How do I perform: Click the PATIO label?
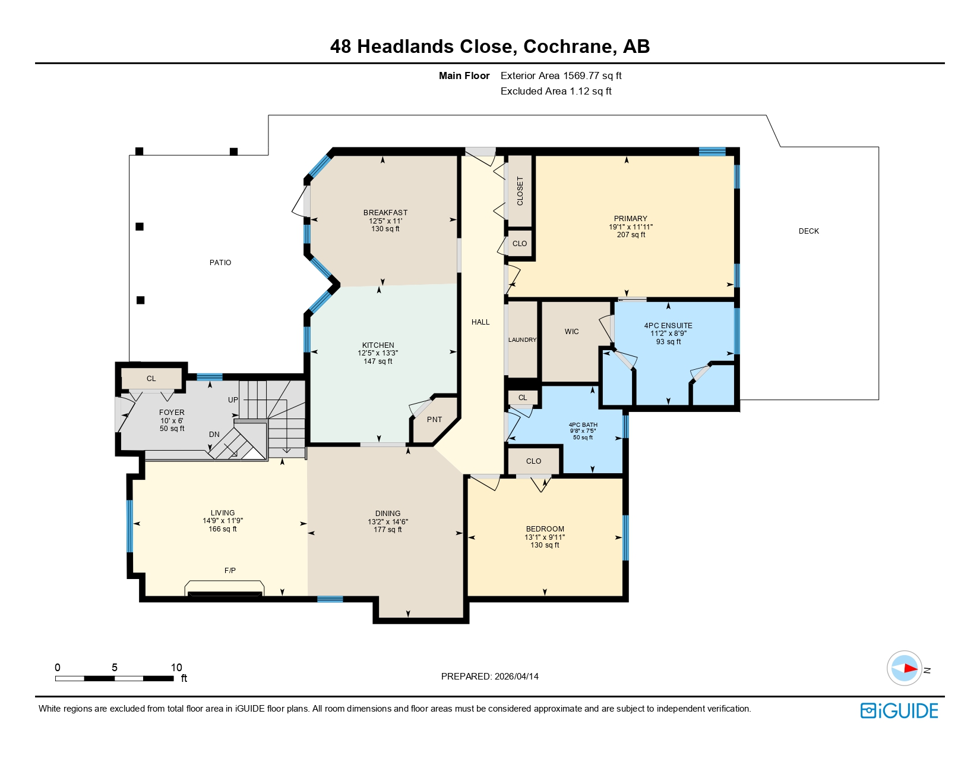[x=220, y=263]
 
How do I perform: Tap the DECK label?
[x=808, y=231]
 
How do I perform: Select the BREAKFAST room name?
[x=385, y=213]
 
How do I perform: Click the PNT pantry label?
[x=434, y=420]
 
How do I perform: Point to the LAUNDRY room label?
[x=522, y=340]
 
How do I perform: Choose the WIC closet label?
[x=571, y=332]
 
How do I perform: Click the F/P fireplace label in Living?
[x=230, y=571]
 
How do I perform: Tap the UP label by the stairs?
[x=233, y=400]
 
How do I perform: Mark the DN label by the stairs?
[x=214, y=435]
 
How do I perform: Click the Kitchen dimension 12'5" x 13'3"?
[x=378, y=353]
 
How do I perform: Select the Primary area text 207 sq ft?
[x=631, y=235]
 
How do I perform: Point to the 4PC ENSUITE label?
[x=668, y=326]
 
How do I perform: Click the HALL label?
[x=480, y=322]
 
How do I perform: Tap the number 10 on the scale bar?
[x=176, y=668]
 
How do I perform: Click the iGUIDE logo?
[x=899, y=711]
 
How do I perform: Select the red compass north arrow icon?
[x=906, y=668]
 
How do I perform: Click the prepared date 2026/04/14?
[x=516, y=677]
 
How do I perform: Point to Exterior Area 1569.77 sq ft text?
[x=561, y=76]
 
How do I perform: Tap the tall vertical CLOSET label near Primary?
[x=520, y=191]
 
